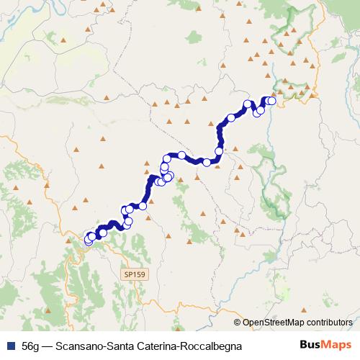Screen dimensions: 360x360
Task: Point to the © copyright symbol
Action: tap(237, 323)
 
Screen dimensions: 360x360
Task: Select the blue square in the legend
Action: tap(10, 346)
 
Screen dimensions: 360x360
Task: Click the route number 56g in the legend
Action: tap(30, 346)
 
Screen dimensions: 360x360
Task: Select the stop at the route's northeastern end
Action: tap(271, 101)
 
